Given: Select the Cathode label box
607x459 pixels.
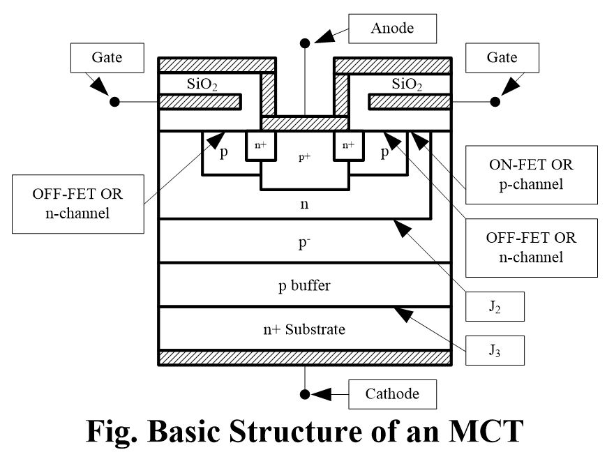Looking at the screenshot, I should click(x=392, y=394).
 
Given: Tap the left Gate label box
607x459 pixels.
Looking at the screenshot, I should click(x=106, y=57).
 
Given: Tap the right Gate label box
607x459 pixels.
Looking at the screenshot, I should click(x=502, y=57).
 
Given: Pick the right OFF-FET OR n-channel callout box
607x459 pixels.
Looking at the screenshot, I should click(x=531, y=247).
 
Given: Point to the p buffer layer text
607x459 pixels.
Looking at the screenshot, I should click(x=304, y=285).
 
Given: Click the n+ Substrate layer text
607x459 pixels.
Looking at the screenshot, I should click(x=304, y=329).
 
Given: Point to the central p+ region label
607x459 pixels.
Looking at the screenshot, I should click(x=304, y=158).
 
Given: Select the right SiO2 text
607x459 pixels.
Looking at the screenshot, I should click(x=408, y=84).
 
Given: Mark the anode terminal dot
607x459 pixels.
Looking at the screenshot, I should click(x=305, y=43).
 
